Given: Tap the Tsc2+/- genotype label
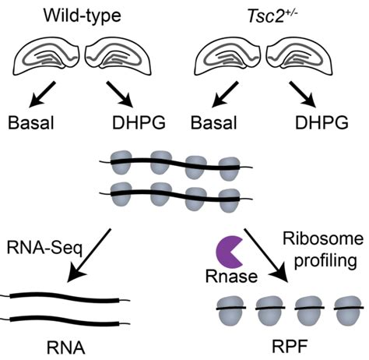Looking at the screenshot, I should [269, 13].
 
